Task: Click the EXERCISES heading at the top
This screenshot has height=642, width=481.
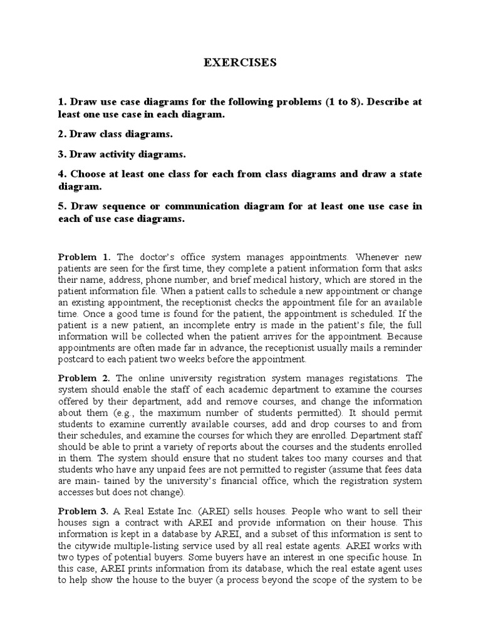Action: tap(240, 63)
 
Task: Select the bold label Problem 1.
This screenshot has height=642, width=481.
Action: tap(84, 257)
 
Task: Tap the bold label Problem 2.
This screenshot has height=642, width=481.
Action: tap(84, 378)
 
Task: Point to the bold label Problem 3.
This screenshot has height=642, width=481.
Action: tap(84, 510)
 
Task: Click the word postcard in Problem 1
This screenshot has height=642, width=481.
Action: tap(77, 359)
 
